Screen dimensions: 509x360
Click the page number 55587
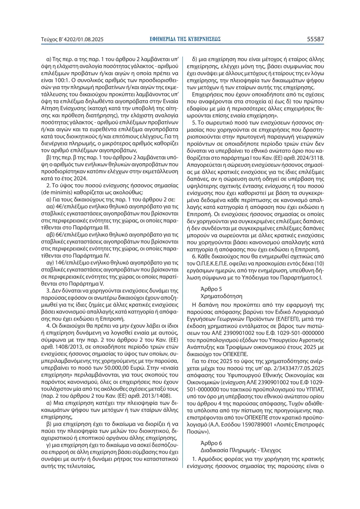315,39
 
